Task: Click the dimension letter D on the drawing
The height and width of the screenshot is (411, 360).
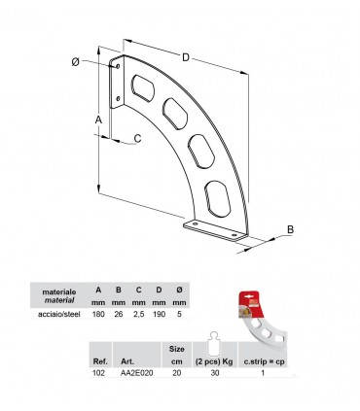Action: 186,58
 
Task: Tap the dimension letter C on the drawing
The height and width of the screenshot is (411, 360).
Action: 137,138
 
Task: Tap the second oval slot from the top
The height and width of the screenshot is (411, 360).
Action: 175,113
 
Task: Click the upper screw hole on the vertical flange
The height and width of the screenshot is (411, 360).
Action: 118,67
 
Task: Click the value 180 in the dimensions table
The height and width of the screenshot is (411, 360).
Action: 97,314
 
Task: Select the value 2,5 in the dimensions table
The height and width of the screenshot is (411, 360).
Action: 138,314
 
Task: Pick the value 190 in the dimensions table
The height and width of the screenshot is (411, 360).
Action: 159,314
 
